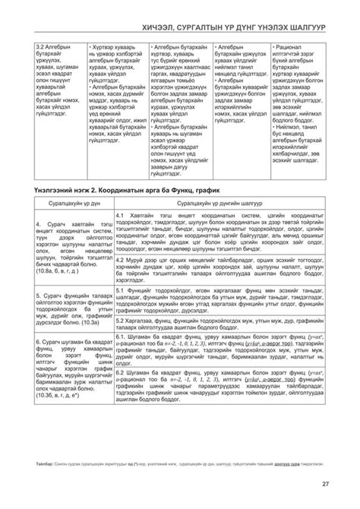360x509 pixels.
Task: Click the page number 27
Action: pyautogui.click(x=326, y=484)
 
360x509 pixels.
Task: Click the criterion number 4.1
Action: pyautogui.click(x=122, y=216)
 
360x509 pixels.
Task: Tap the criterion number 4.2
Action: pyautogui.click(x=122, y=258)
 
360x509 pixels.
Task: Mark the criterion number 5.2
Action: pyautogui.click(x=122, y=313)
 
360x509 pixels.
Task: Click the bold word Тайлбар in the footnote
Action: pyautogui.click(x=45, y=463)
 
